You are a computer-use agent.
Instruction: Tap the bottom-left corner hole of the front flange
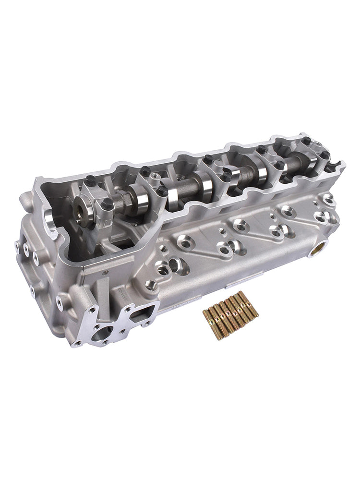tap(76, 343)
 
